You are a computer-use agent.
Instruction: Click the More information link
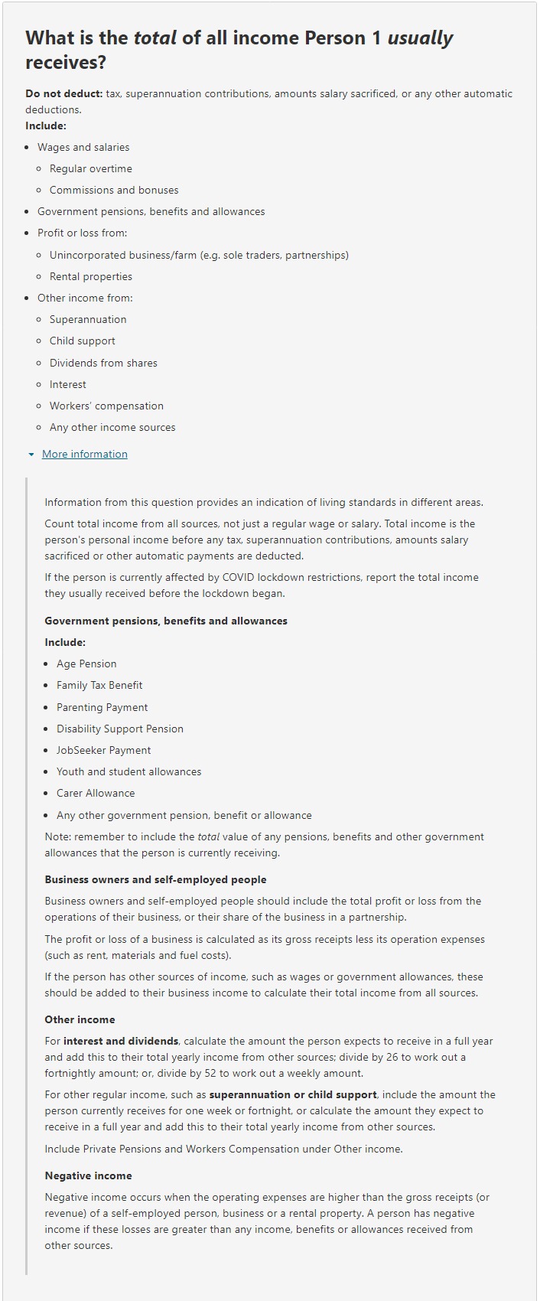point(84,454)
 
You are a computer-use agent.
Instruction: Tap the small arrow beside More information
point(31,455)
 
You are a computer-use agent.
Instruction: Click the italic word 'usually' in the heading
point(420,38)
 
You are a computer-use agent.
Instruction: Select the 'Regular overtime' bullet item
point(90,168)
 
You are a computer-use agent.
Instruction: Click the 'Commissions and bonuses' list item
point(114,190)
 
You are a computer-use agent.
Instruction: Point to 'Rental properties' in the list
point(90,276)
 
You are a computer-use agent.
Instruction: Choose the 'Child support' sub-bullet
point(82,341)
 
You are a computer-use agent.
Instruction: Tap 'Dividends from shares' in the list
point(103,363)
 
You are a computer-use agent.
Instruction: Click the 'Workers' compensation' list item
point(106,406)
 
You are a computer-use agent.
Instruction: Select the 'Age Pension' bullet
point(86,664)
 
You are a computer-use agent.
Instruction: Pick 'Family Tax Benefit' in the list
point(99,685)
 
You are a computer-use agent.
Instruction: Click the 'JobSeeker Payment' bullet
point(103,750)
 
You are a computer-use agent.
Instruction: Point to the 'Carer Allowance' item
point(96,793)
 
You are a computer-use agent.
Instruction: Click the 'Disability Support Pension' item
point(120,729)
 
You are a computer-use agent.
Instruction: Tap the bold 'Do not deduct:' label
point(63,93)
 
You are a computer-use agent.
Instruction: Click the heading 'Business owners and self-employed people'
point(155,879)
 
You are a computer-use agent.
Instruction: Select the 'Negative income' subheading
point(88,1175)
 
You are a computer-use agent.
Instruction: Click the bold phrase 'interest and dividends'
point(121,1041)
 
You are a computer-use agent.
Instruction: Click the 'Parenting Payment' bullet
point(102,707)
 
